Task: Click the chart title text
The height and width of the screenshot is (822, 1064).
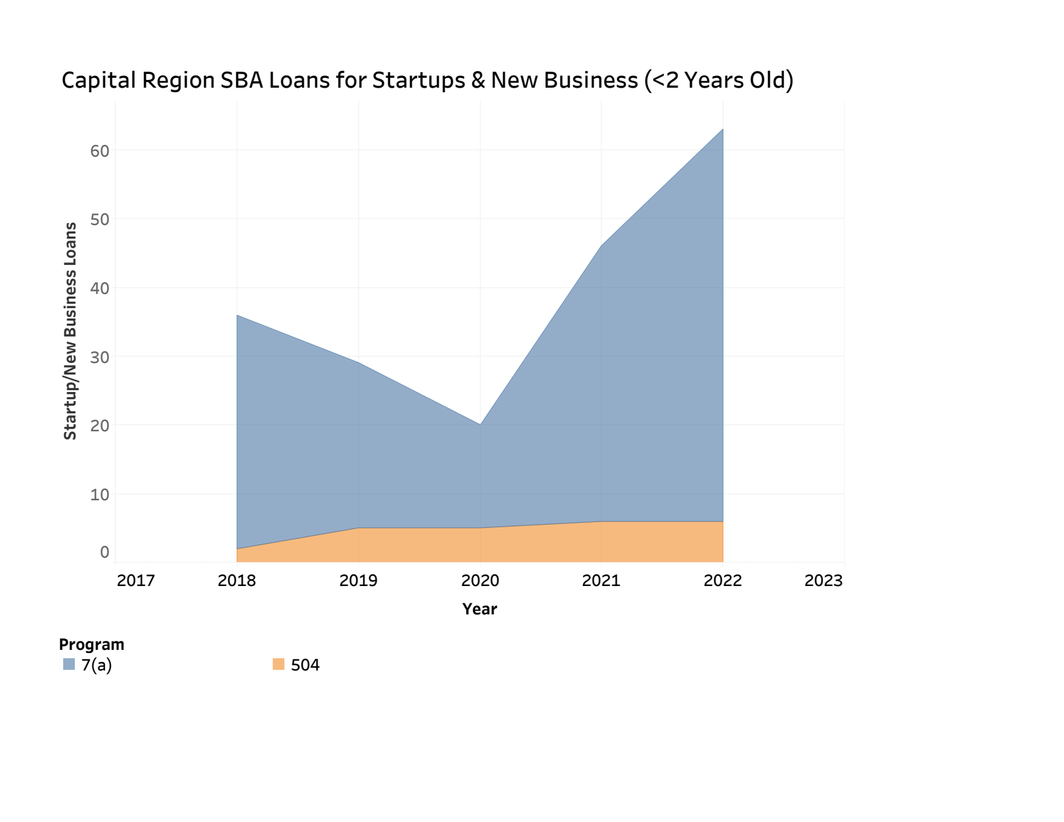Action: pyautogui.click(x=427, y=81)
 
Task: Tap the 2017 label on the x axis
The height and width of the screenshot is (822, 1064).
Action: pyautogui.click(x=136, y=581)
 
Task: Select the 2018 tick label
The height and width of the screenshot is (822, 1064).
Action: pyautogui.click(x=237, y=581)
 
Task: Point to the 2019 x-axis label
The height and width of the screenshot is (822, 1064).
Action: pyautogui.click(x=359, y=581)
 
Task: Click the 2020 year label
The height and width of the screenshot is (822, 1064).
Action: pyautogui.click(x=480, y=581)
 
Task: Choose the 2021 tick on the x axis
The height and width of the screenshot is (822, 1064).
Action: pyautogui.click(x=601, y=581)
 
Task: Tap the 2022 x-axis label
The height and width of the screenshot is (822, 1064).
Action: pyautogui.click(x=723, y=581)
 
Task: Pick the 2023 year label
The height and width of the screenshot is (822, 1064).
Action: pyautogui.click(x=823, y=581)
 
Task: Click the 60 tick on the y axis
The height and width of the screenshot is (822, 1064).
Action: pyautogui.click(x=100, y=151)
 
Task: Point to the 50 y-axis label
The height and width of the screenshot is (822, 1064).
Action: pyautogui.click(x=100, y=219)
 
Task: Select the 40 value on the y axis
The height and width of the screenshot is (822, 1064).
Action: pyautogui.click(x=100, y=288)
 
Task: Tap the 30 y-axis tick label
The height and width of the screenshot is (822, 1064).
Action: pyautogui.click(x=100, y=357)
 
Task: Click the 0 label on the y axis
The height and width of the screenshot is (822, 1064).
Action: pyautogui.click(x=104, y=552)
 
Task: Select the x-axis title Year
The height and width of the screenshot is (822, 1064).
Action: pyautogui.click(x=480, y=609)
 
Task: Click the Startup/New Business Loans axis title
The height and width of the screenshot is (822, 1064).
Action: pyautogui.click(x=70, y=331)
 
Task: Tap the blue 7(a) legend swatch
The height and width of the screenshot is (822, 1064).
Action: pyautogui.click(x=69, y=665)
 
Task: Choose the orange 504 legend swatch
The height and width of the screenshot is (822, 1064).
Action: pyautogui.click(x=279, y=665)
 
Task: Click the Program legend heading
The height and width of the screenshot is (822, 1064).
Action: pyautogui.click(x=92, y=645)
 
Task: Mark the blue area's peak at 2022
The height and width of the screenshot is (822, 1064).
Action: pyautogui.click(x=723, y=130)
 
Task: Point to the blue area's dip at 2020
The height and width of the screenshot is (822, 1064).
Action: pyautogui.click(x=480, y=424)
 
